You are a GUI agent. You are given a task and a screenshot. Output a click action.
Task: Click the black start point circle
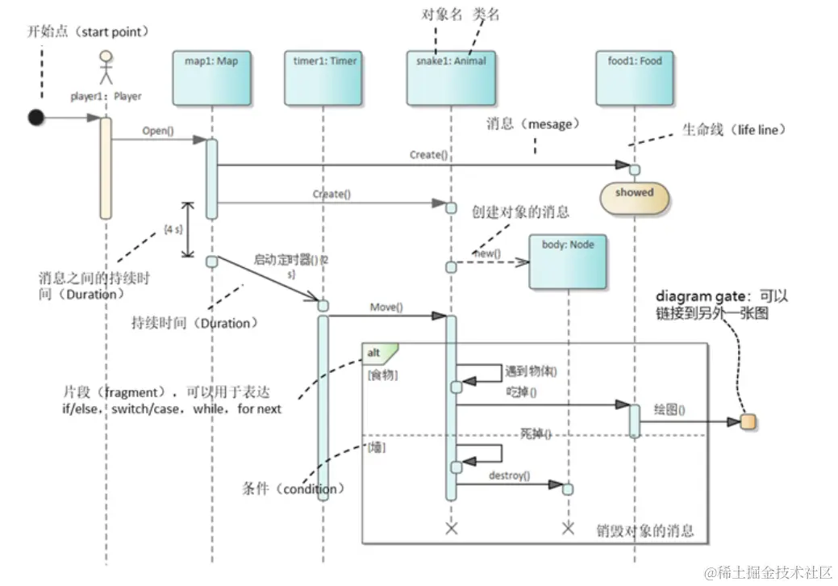pyautogui.click(x=35, y=118)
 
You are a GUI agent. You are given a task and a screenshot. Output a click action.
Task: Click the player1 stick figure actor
pyautogui.click(x=104, y=69)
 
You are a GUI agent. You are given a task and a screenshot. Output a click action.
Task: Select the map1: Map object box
pyautogui.click(x=211, y=78)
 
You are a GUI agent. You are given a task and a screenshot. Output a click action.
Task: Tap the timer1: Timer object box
pyautogui.click(x=322, y=78)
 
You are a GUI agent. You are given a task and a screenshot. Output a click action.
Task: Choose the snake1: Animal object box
pyautogui.click(x=451, y=78)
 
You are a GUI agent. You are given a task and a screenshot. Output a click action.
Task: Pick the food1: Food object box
pyautogui.click(x=634, y=78)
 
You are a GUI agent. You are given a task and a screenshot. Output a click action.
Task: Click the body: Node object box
pyautogui.click(x=567, y=261)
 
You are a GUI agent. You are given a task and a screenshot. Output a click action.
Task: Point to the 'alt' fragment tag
pyautogui.click(x=376, y=353)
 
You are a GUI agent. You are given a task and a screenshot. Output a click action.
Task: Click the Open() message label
pyautogui.click(x=158, y=130)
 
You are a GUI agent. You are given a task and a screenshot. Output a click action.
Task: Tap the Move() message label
pyautogui.click(x=386, y=308)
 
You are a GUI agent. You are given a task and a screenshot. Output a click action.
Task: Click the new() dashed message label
pyautogui.click(x=487, y=253)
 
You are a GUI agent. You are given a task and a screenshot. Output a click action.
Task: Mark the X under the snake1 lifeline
pyautogui.click(x=451, y=529)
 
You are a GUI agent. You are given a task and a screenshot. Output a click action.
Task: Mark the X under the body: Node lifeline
pyautogui.click(x=567, y=529)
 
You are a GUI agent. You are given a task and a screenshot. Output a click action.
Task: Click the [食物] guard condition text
pyautogui.click(x=382, y=375)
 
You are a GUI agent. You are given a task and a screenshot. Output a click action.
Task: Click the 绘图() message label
pyautogui.click(x=669, y=409)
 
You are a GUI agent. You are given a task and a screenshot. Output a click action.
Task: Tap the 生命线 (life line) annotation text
pyautogui.click(x=733, y=130)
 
